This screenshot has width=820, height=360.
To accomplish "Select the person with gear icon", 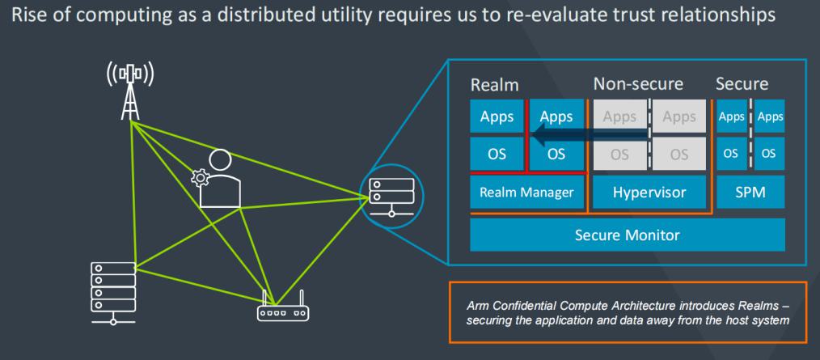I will pos(217,179).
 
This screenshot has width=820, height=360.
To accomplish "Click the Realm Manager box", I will pos(526,193).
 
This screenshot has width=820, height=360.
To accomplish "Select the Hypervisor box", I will pos(649,193).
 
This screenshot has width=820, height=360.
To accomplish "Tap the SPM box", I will pos(750,193).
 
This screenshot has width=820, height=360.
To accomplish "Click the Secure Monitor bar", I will pos(628,235).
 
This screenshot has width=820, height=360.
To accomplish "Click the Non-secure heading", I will pos(638,83).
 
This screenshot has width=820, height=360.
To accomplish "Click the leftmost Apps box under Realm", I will pos(497,116).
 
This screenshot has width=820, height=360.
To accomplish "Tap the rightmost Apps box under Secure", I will pos(770,116).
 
